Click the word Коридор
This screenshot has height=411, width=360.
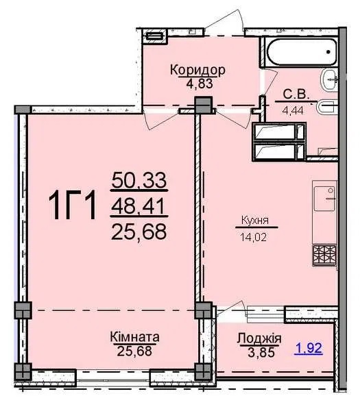click(x=197, y=70)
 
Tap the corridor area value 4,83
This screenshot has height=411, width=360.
click(x=200, y=84)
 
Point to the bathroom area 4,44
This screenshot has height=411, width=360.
click(x=293, y=110)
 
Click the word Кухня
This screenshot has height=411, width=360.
click(x=255, y=220)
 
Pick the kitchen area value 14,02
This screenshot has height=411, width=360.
click(x=254, y=237)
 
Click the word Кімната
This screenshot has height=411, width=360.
click(x=134, y=337)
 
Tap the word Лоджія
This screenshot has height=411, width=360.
click(x=259, y=338)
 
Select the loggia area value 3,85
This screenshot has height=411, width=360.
click(x=261, y=352)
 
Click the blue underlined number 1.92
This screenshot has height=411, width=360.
click(x=309, y=348)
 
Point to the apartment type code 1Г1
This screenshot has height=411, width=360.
click(x=73, y=205)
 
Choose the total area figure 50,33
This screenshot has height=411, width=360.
click(x=139, y=180)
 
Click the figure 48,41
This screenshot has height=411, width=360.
click(x=138, y=206)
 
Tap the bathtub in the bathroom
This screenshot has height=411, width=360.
click(x=301, y=51)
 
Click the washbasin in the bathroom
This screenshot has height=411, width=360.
click(x=328, y=80)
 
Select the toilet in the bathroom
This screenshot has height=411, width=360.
click(x=327, y=108)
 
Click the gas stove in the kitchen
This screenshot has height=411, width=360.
click(x=324, y=255)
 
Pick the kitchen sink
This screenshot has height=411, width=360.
click(x=324, y=199)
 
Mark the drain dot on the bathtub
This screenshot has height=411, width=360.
click(x=328, y=51)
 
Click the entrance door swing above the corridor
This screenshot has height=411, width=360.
click(x=224, y=23)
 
